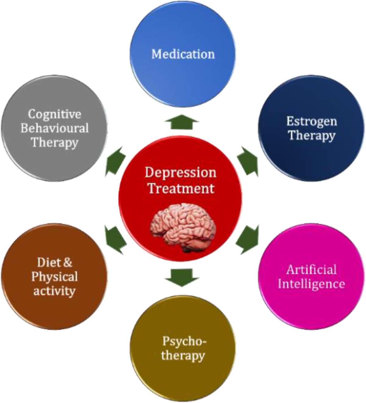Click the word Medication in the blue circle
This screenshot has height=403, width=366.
pos(183,54)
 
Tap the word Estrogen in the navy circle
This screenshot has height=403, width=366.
pos(311,121)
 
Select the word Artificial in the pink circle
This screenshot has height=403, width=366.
pos(311,270)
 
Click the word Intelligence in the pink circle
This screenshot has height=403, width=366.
pos(311,284)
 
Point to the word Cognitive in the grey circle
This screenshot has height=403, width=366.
pos(55,114)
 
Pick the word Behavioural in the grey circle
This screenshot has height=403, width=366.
pos(55,128)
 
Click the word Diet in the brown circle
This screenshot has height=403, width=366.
pos(47,262)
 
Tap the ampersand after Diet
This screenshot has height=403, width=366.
pos(67,262)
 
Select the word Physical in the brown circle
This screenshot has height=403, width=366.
pos(55,277)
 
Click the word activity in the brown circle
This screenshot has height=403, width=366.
pos(54,291)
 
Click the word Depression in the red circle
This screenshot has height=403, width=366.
pos(181,172)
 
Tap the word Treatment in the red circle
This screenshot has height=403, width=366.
pos(181,188)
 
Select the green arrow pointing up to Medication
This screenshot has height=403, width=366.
pos(182,122)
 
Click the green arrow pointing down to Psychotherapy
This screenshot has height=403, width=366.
pos(182,277)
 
